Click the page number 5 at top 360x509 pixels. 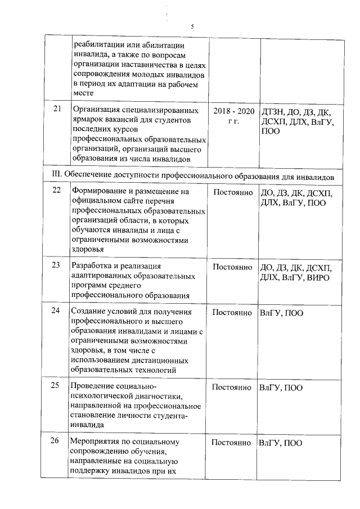[x=192, y=26]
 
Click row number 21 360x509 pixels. [x=57, y=109]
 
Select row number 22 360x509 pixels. [x=57, y=191]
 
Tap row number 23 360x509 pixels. [x=57, y=266]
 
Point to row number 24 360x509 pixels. [x=57, y=312]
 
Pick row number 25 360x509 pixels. [x=57, y=386]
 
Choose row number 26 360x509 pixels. [x=57, y=442]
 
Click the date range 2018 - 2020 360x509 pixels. [x=234, y=110]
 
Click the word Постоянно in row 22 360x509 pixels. [x=232, y=192]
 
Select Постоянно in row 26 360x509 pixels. [x=232, y=443]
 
